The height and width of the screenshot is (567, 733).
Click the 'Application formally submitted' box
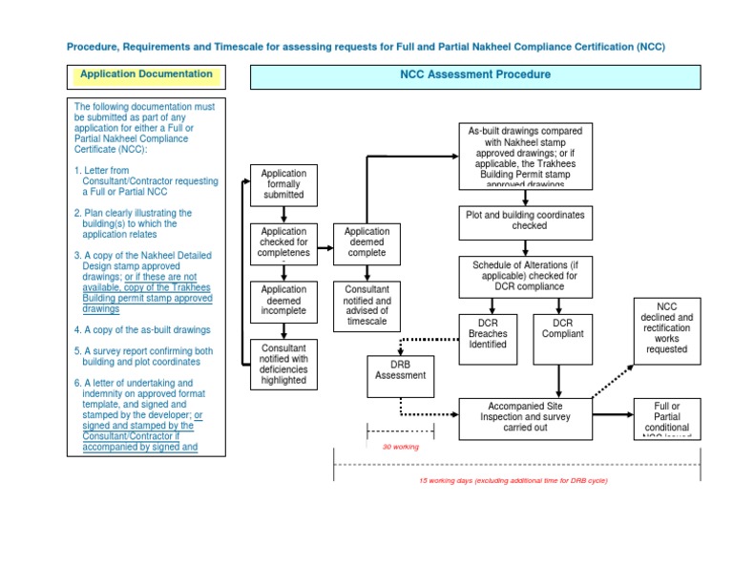283,184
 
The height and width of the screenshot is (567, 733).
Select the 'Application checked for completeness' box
283,242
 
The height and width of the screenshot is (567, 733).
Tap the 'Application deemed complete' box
366,242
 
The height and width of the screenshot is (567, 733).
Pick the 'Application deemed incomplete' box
283,300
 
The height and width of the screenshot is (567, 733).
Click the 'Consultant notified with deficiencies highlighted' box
283,364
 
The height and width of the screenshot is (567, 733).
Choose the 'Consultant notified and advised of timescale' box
366,305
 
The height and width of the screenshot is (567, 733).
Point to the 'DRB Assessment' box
401,369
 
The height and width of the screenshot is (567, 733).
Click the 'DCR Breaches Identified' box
488,333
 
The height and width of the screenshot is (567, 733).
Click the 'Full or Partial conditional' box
666,417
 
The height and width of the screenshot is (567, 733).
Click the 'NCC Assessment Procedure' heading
474,74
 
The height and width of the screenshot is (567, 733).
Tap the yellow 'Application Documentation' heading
146,74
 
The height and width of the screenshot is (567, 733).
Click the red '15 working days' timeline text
513,481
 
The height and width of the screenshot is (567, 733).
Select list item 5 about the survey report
143,356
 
